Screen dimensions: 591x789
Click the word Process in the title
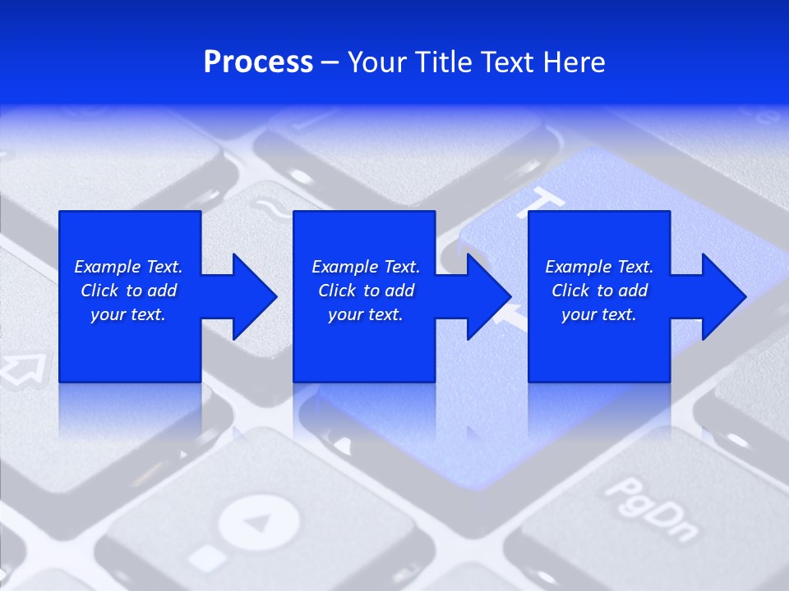258,62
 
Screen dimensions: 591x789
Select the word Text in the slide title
508,62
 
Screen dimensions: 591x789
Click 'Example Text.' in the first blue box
128,267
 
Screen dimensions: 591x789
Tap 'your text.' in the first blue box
128,314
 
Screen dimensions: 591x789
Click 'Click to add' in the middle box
366,291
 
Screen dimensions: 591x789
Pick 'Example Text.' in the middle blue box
366,267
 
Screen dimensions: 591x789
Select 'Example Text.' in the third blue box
599,267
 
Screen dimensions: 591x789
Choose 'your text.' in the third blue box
599,314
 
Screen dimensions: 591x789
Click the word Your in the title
379,62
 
